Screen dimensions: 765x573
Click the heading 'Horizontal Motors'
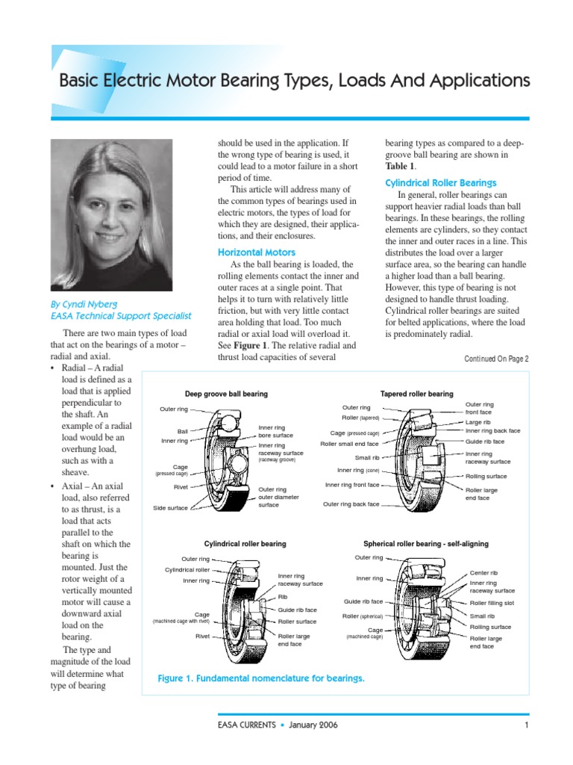tap(256, 253)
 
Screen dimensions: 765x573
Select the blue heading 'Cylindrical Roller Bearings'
tap(440, 183)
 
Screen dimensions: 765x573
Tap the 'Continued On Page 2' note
tap(496, 359)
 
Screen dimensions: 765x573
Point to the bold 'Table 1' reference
tap(399, 167)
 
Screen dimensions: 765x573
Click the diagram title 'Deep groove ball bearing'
tap(226, 394)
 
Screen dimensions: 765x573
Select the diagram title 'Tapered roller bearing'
tap(416, 394)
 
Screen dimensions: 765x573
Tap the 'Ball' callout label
tap(182, 431)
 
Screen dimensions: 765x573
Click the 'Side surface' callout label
tap(170, 507)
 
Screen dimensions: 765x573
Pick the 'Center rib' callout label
tap(483, 573)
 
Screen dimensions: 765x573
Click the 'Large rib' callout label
tap(477, 422)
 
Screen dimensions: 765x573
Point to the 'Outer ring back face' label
tap(351, 504)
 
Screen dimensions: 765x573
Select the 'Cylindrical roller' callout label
tap(187, 569)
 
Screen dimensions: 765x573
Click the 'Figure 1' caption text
tap(261, 678)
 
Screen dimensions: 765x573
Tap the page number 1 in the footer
tap(526, 725)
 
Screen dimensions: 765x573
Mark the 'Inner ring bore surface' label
tap(275, 431)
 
